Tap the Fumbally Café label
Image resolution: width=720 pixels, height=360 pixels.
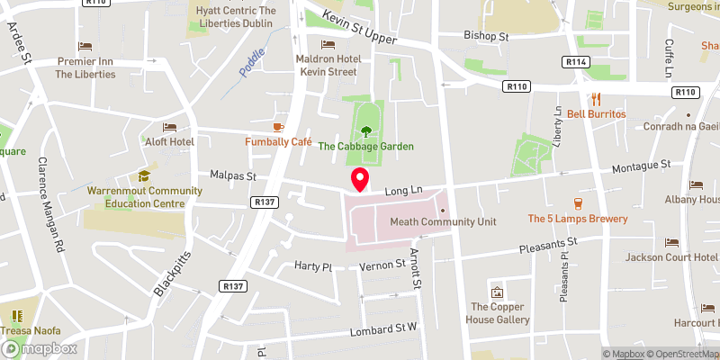click(x=278, y=142)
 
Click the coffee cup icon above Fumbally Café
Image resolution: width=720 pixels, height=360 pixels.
click(x=278, y=127)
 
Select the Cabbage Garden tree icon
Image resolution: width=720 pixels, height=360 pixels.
click(x=365, y=130)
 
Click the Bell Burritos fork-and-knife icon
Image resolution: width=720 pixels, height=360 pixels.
click(x=595, y=99)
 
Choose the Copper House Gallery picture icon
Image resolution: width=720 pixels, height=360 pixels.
click(x=497, y=292)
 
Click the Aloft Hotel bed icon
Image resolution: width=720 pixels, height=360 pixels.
click(x=169, y=128)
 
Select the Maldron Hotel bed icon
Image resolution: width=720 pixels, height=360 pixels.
click(x=328, y=44)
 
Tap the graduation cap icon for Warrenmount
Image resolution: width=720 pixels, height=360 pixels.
click(x=143, y=175)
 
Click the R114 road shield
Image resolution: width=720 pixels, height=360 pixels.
click(x=576, y=61)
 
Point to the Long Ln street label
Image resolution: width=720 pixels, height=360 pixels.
click(x=404, y=191)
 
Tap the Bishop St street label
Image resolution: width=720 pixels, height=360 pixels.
click(x=487, y=37)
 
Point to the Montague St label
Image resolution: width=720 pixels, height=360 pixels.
click(x=643, y=166)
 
